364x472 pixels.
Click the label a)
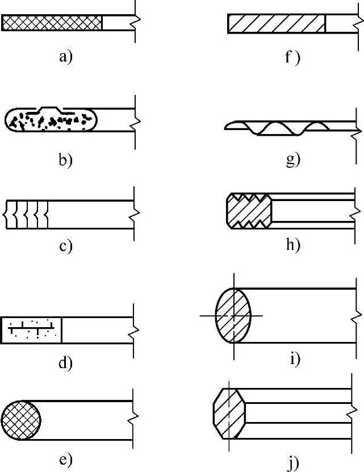pyautogui.click(x=65, y=56)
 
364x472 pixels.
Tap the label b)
pyautogui.click(x=65, y=160)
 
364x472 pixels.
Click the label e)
pyautogui.click(x=65, y=460)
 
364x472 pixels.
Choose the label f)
pyautogui.click(x=292, y=57)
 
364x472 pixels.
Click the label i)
pyautogui.click(x=295, y=359)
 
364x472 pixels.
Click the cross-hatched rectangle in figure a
pyautogui.click(x=52, y=23)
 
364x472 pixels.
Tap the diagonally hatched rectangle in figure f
pyautogui.click(x=276, y=23)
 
